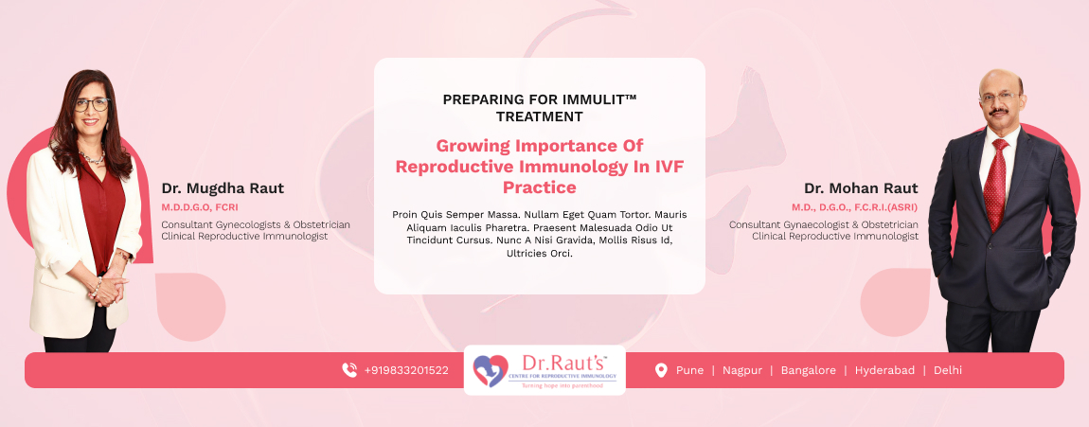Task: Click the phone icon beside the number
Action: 349,370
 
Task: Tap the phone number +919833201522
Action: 406,371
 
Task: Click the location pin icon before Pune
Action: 661,371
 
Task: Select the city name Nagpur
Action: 741,371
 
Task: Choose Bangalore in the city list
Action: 809,371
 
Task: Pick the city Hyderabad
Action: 884,371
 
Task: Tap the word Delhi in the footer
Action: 948,371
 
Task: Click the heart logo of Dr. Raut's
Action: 491,371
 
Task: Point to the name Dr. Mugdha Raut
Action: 223,188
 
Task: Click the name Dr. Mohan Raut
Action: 861,188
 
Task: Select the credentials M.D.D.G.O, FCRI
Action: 200,207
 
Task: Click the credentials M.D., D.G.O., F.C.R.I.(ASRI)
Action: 855,207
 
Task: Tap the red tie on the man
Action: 996,184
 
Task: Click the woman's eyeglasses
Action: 92,105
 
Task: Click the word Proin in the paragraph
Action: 405,215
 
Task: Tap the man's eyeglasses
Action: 999,98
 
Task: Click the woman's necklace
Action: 92,157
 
